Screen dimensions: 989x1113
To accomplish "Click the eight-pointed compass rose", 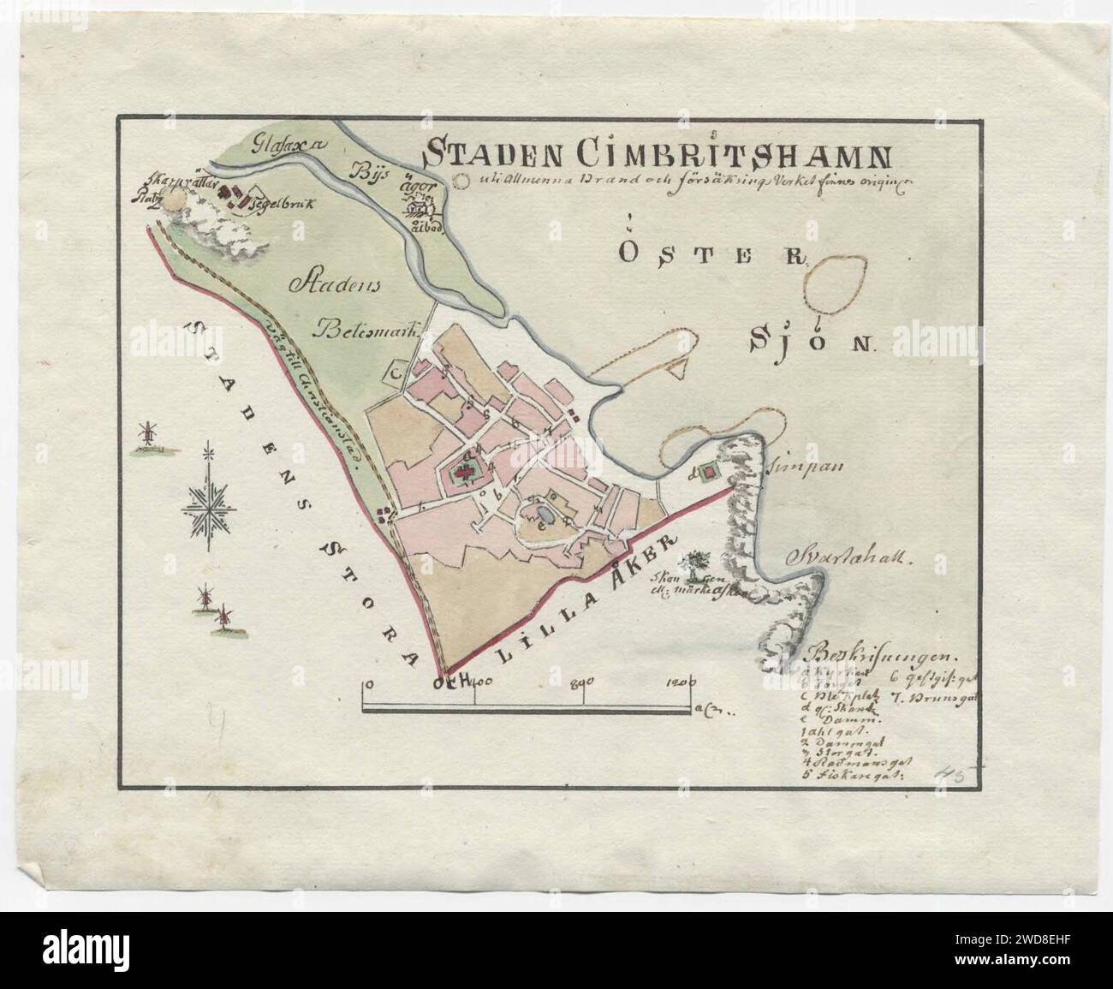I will click(x=206, y=506).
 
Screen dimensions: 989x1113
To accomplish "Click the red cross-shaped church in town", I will click(x=463, y=472).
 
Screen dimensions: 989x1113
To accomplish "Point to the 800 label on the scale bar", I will click(x=581, y=682).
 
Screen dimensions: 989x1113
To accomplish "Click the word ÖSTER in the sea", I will click(x=711, y=254).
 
